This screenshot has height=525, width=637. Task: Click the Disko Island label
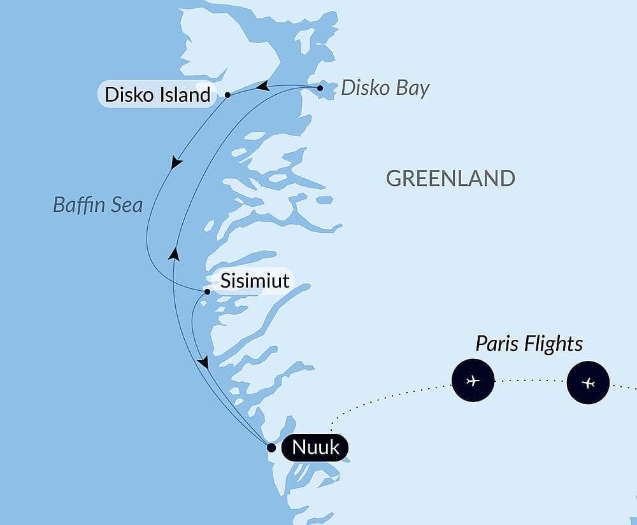click(157, 95)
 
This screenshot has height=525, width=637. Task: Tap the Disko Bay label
click(385, 88)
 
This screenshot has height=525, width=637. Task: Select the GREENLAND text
click(450, 178)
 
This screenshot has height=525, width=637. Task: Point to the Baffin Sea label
click(97, 205)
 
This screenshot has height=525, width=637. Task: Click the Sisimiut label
click(255, 281)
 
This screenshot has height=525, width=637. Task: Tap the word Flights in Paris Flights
click(555, 344)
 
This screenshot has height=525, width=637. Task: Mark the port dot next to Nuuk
click(271, 448)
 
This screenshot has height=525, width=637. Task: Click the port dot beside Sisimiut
click(208, 292)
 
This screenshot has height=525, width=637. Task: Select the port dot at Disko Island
click(227, 95)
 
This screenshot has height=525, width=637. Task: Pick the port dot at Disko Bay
click(320, 88)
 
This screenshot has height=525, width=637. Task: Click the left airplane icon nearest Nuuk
click(473, 381)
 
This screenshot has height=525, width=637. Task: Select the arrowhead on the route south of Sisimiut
click(203, 362)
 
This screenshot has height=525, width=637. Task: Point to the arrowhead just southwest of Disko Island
click(176, 163)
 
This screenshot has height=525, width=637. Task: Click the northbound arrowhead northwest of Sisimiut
click(173, 255)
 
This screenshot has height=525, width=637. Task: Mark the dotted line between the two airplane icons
click(530, 381)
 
